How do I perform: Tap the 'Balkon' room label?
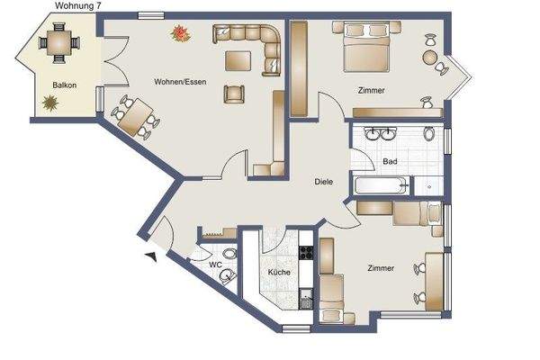pyautogui.click(x=63, y=84)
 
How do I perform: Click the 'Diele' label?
pyautogui.click(x=324, y=181)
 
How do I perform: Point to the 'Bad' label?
pyautogui.click(x=390, y=162)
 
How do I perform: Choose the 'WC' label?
pyautogui.click(x=215, y=265)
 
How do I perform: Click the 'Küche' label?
pyautogui.click(x=277, y=272)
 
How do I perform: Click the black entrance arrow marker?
pyautogui.click(x=150, y=257)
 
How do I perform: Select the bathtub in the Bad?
pyautogui.click(x=381, y=187)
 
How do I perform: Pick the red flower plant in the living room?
pyautogui.click(x=183, y=33)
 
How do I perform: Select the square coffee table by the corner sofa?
pyautogui.click(x=238, y=61)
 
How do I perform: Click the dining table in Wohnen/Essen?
pyautogui.click(x=136, y=117)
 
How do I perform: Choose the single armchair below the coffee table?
pyautogui.click(x=234, y=93)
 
